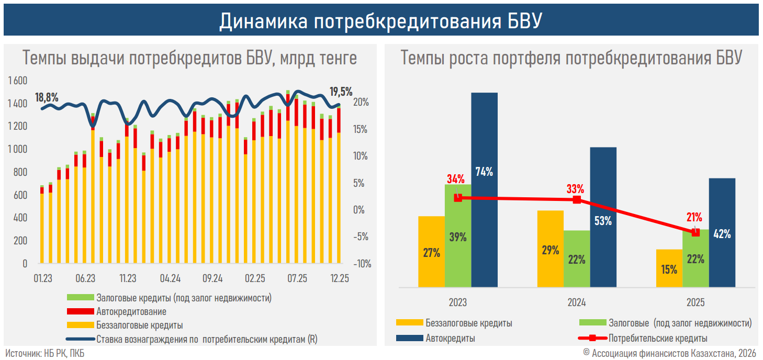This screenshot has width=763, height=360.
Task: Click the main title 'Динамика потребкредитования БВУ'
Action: point(381,21)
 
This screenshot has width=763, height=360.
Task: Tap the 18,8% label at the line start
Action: point(47,97)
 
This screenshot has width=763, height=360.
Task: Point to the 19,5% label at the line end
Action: point(341,92)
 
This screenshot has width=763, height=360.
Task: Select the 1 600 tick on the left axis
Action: point(18,81)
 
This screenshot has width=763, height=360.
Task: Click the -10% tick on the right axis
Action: point(362,264)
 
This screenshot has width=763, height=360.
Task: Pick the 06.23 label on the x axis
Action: point(85,278)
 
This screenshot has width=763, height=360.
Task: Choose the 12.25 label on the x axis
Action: point(340,278)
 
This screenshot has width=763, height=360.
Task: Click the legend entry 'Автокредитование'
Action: point(131,312)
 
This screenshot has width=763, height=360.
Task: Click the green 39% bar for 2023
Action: point(458,235)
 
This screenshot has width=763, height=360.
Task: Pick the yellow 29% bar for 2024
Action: point(551,249)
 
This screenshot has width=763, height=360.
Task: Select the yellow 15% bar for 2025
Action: point(669,268)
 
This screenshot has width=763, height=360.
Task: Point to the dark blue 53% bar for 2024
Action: point(603,217)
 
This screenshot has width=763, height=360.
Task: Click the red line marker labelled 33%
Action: point(577,200)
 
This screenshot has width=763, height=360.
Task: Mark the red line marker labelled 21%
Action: point(695,232)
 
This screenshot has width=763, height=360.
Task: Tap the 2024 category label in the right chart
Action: point(577,303)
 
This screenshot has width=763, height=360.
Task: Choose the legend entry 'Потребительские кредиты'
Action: point(658,338)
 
